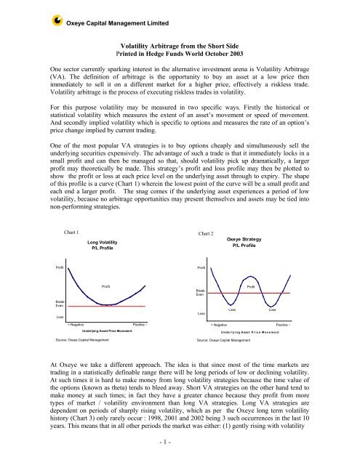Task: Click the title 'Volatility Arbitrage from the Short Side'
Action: [x=180, y=44]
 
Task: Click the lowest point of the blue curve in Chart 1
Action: [x=106, y=305]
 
